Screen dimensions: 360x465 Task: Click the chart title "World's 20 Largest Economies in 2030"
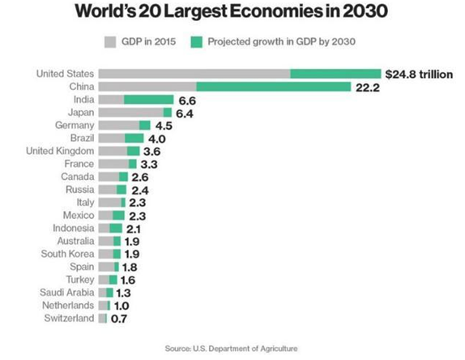pos(232,14)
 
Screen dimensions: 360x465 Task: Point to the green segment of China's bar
pos(273,87)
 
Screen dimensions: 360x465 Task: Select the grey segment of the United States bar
pos(194,74)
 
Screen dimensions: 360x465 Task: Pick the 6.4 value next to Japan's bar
pos(186,113)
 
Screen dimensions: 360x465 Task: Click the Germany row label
pos(75,125)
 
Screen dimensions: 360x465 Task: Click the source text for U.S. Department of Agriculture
pos(232,348)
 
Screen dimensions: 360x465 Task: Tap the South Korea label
pos(68,254)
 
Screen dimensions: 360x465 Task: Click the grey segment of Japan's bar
pos(130,113)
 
